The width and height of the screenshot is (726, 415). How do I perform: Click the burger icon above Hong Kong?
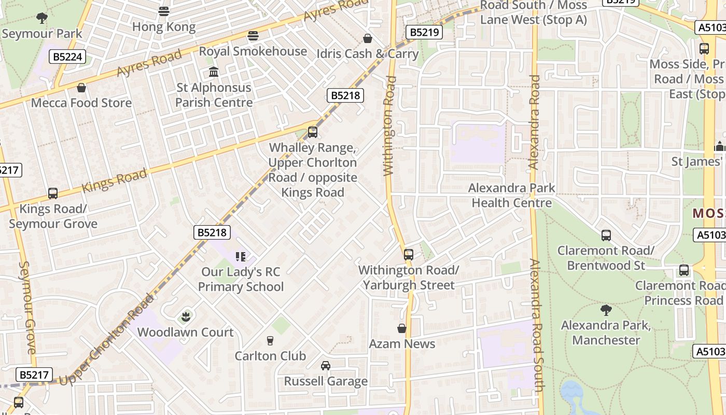164,11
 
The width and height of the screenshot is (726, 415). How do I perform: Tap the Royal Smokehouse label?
253,51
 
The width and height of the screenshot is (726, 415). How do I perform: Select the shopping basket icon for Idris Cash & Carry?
368,38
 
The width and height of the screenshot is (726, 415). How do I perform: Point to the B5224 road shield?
67,57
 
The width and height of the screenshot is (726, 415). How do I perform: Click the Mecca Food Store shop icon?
81,88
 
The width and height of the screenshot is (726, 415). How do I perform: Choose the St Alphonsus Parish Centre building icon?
214,72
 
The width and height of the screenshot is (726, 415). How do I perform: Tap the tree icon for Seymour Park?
42,18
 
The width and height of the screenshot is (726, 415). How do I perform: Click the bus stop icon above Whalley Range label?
312,132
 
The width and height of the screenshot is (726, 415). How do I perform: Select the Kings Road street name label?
114,180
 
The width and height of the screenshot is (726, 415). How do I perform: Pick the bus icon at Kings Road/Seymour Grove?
53,193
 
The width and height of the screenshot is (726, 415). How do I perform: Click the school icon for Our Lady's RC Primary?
240,256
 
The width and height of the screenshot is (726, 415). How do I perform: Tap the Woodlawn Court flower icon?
186,316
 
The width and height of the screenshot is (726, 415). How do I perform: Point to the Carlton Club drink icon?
270,341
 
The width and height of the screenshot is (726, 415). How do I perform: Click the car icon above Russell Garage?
325,366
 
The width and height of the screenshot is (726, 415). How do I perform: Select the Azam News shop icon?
401,328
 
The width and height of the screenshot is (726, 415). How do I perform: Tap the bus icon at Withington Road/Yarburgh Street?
409,255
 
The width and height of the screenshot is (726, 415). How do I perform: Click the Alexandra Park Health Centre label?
511,195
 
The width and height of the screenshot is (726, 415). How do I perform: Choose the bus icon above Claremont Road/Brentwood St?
606,236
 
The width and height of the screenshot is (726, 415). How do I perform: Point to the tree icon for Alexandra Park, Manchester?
606,310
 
